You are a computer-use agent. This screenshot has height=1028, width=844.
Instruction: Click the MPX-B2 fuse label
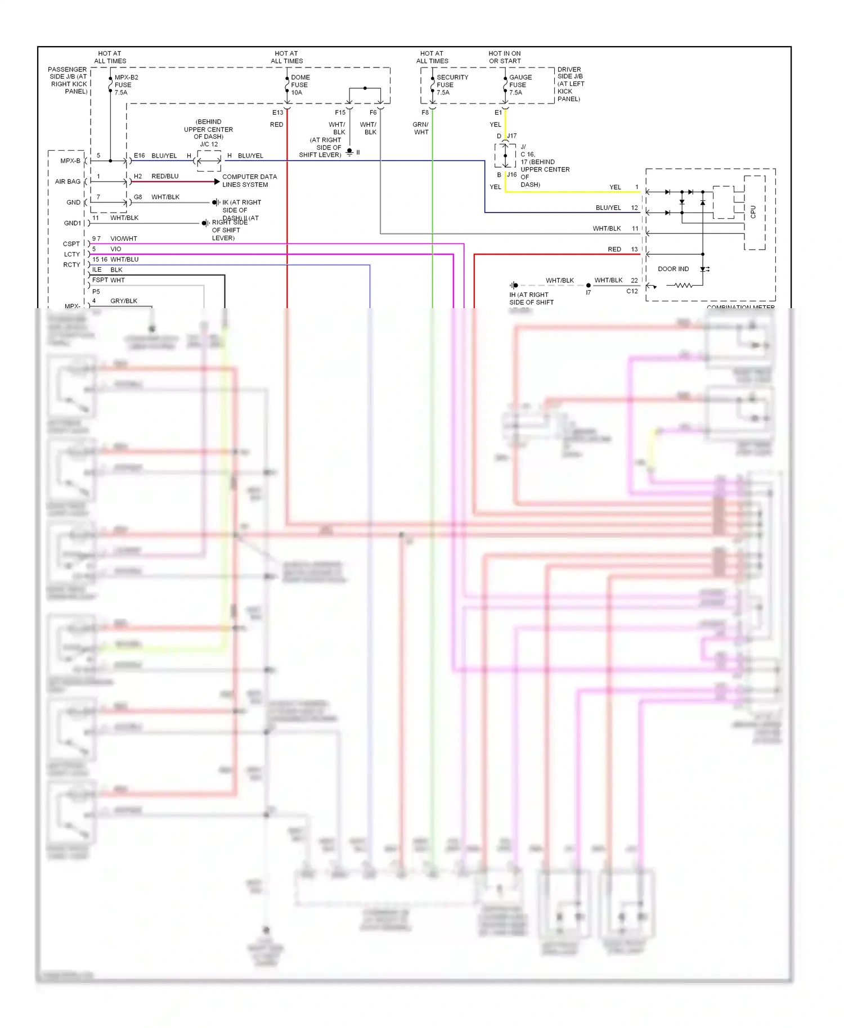click(125, 85)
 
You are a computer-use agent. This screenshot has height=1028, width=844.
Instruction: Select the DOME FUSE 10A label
click(300, 85)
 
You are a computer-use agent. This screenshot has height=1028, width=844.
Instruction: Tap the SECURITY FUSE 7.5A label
click(452, 85)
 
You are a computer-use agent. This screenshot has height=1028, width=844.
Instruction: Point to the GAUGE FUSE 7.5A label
click(520, 85)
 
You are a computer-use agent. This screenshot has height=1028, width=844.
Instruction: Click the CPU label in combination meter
click(753, 212)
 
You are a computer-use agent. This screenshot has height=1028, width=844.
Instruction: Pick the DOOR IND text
click(673, 269)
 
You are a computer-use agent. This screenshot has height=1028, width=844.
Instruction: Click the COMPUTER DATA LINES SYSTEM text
click(249, 181)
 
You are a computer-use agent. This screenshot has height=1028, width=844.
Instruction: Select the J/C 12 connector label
click(209, 145)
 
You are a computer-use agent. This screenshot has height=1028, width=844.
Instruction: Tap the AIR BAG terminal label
click(68, 182)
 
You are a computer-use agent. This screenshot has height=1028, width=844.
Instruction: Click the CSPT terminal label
click(71, 244)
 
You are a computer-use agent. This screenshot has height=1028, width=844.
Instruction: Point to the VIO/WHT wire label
click(123, 238)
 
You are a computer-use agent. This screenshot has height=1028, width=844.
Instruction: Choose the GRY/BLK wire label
click(123, 301)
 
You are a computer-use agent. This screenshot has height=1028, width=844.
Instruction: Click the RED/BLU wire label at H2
click(165, 176)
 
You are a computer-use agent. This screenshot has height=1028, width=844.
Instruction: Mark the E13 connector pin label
click(277, 112)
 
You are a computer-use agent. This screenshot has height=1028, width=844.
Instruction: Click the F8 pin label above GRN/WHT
click(425, 112)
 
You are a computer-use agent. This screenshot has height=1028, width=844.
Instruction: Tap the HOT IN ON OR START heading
click(504, 57)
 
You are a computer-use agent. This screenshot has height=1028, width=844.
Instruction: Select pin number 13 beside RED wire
click(634, 249)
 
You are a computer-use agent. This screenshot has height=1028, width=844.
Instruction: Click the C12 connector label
click(632, 291)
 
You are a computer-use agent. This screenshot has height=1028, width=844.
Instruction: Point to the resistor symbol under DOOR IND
click(683, 286)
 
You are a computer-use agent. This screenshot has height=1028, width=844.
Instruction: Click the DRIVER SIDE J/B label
click(570, 84)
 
